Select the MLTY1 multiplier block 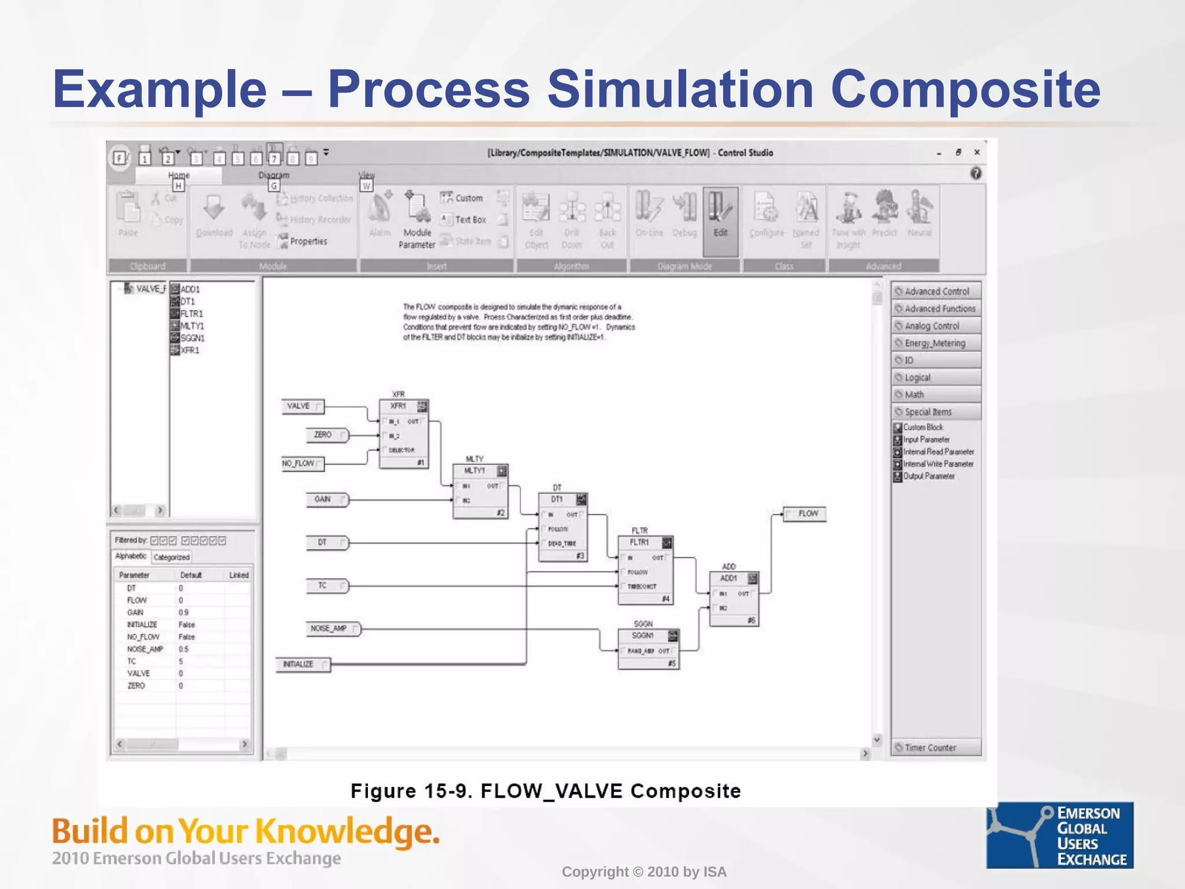(x=480, y=491)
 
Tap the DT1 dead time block (x=562, y=527)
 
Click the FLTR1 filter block (x=645, y=570)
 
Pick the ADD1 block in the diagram (x=734, y=599)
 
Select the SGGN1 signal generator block (x=648, y=648)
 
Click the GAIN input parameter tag (x=326, y=499)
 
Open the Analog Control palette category (x=936, y=326)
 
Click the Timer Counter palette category (x=936, y=748)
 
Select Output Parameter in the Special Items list (x=928, y=476)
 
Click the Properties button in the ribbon (x=307, y=241)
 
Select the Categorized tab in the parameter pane (x=171, y=557)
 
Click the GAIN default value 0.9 (x=183, y=612)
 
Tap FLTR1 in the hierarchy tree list (x=192, y=314)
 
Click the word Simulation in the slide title (x=680, y=90)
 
